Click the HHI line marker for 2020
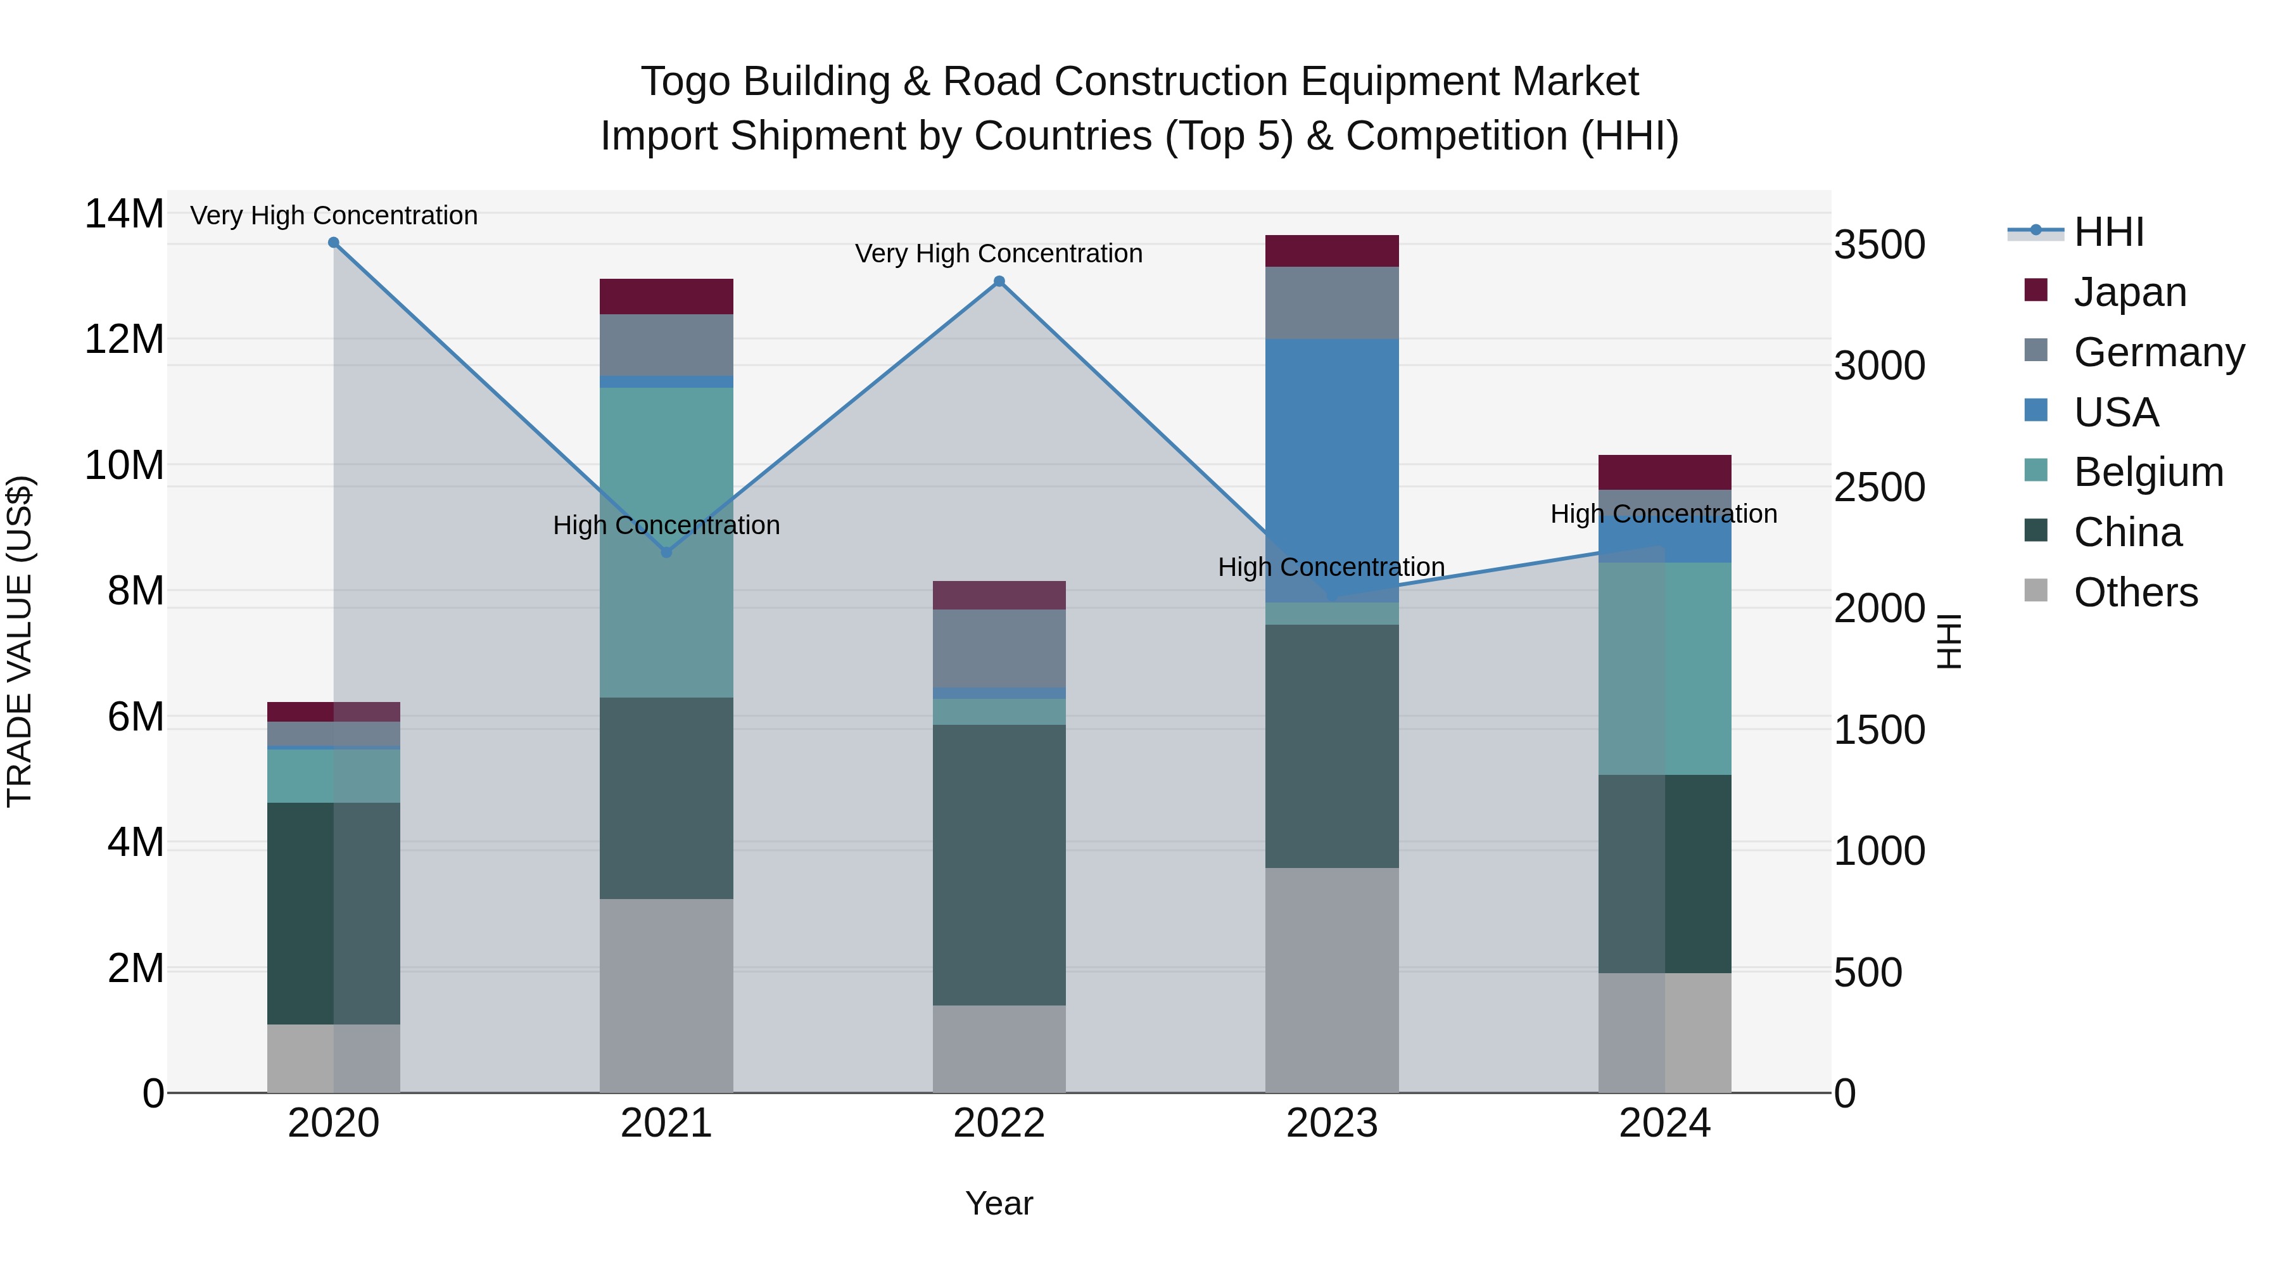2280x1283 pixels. coord(334,243)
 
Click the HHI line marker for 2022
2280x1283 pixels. coord(999,281)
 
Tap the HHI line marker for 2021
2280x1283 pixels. coord(666,552)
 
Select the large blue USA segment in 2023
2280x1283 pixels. coord(1331,469)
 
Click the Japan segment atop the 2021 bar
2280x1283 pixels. coord(666,296)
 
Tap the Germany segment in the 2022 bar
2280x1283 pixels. coord(999,648)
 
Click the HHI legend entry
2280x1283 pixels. coord(2108,232)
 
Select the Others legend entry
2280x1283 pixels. coord(2135,592)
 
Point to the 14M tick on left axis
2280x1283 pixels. coord(124,214)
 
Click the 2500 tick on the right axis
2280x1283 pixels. coord(1879,487)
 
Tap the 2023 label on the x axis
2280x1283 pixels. coord(1331,1123)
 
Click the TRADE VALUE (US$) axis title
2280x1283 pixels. coord(20,641)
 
